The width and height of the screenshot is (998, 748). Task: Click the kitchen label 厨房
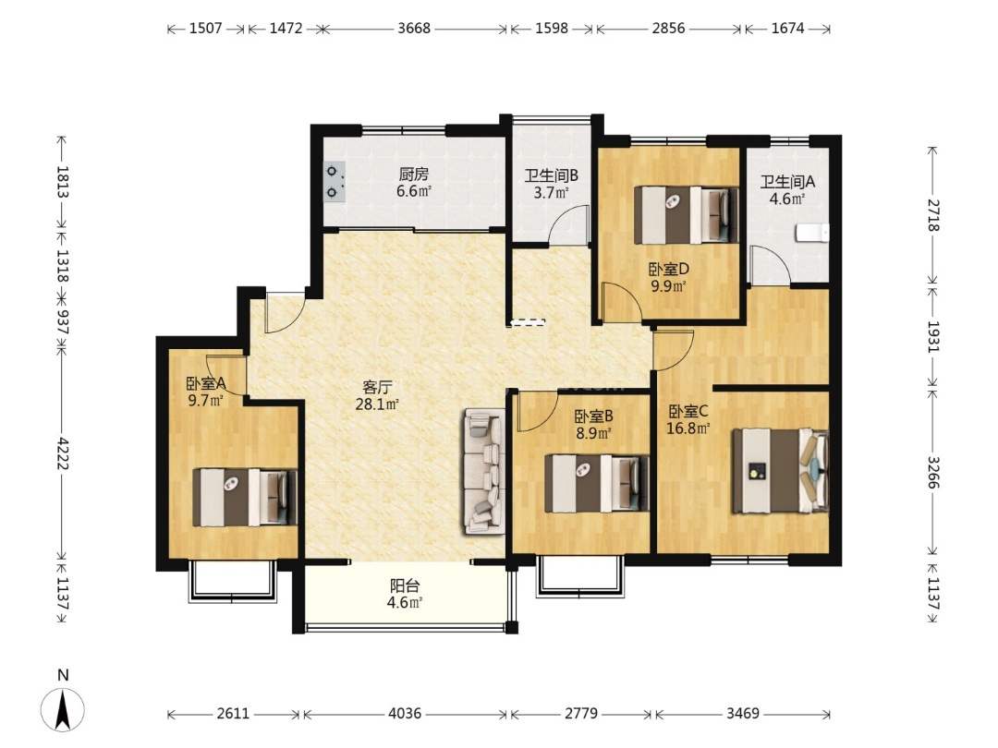pos(414,174)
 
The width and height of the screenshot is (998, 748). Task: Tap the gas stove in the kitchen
pos(335,182)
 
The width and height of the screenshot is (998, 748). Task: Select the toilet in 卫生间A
pos(813,233)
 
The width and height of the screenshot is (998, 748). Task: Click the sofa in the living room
pos(484,471)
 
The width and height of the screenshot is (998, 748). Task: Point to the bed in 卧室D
pos(686,215)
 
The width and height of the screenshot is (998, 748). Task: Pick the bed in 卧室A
pos(245,498)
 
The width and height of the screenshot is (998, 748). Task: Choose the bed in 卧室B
pos(596,483)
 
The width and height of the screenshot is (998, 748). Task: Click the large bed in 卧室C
pos(780,471)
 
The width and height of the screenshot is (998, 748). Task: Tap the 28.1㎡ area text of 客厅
pos(377,404)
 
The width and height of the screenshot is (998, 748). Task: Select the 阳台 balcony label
pos(405,585)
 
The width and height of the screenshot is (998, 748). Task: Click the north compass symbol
pos(63,709)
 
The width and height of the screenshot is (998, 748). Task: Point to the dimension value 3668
pos(414,28)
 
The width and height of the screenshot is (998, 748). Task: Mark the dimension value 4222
pos(63,452)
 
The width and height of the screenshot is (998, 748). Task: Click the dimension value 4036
pos(405,713)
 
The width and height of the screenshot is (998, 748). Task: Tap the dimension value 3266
pos(933,472)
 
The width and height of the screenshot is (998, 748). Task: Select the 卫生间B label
pos(551,175)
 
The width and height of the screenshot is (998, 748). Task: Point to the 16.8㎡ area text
pos(688,428)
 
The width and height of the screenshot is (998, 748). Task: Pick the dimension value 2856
pos(668,28)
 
